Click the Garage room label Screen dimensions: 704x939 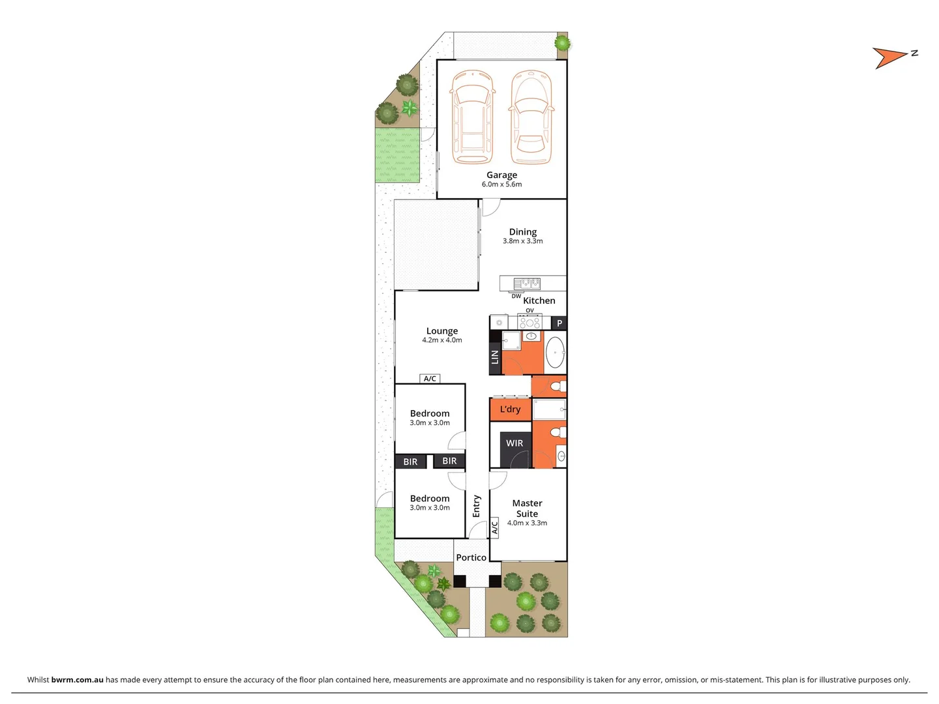pyautogui.click(x=501, y=175)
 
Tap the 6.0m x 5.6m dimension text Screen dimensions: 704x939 pyautogui.click(x=501, y=184)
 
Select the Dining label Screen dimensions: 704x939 pyautogui.click(x=522, y=231)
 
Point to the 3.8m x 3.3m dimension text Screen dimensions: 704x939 pyautogui.click(x=522, y=241)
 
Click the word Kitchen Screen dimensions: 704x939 pyautogui.click(x=539, y=301)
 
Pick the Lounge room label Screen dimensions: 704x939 pyautogui.click(x=442, y=330)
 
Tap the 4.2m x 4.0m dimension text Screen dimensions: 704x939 pyautogui.click(x=442, y=340)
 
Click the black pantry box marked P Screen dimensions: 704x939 pyautogui.click(x=559, y=323)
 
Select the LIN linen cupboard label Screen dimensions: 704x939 pyautogui.click(x=495, y=357)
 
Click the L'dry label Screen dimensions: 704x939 pyautogui.click(x=510, y=409)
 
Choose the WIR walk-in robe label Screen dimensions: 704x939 pyautogui.click(x=514, y=443)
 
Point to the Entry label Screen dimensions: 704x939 pyautogui.click(x=477, y=506)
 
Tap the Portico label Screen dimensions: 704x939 pyautogui.click(x=471, y=557)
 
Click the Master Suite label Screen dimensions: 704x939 pyautogui.click(x=527, y=508)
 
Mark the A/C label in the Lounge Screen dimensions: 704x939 pyautogui.click(x=430, y=379)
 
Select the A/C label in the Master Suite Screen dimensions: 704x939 pyautogui.click(x=494, y=527)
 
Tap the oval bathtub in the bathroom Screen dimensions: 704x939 pyautogui.click(x=555, y=353)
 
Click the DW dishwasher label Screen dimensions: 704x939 pyautogui.click(x=516, y=296)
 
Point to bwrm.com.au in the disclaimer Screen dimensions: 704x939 pyautogui.click(x=77, y=679)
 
